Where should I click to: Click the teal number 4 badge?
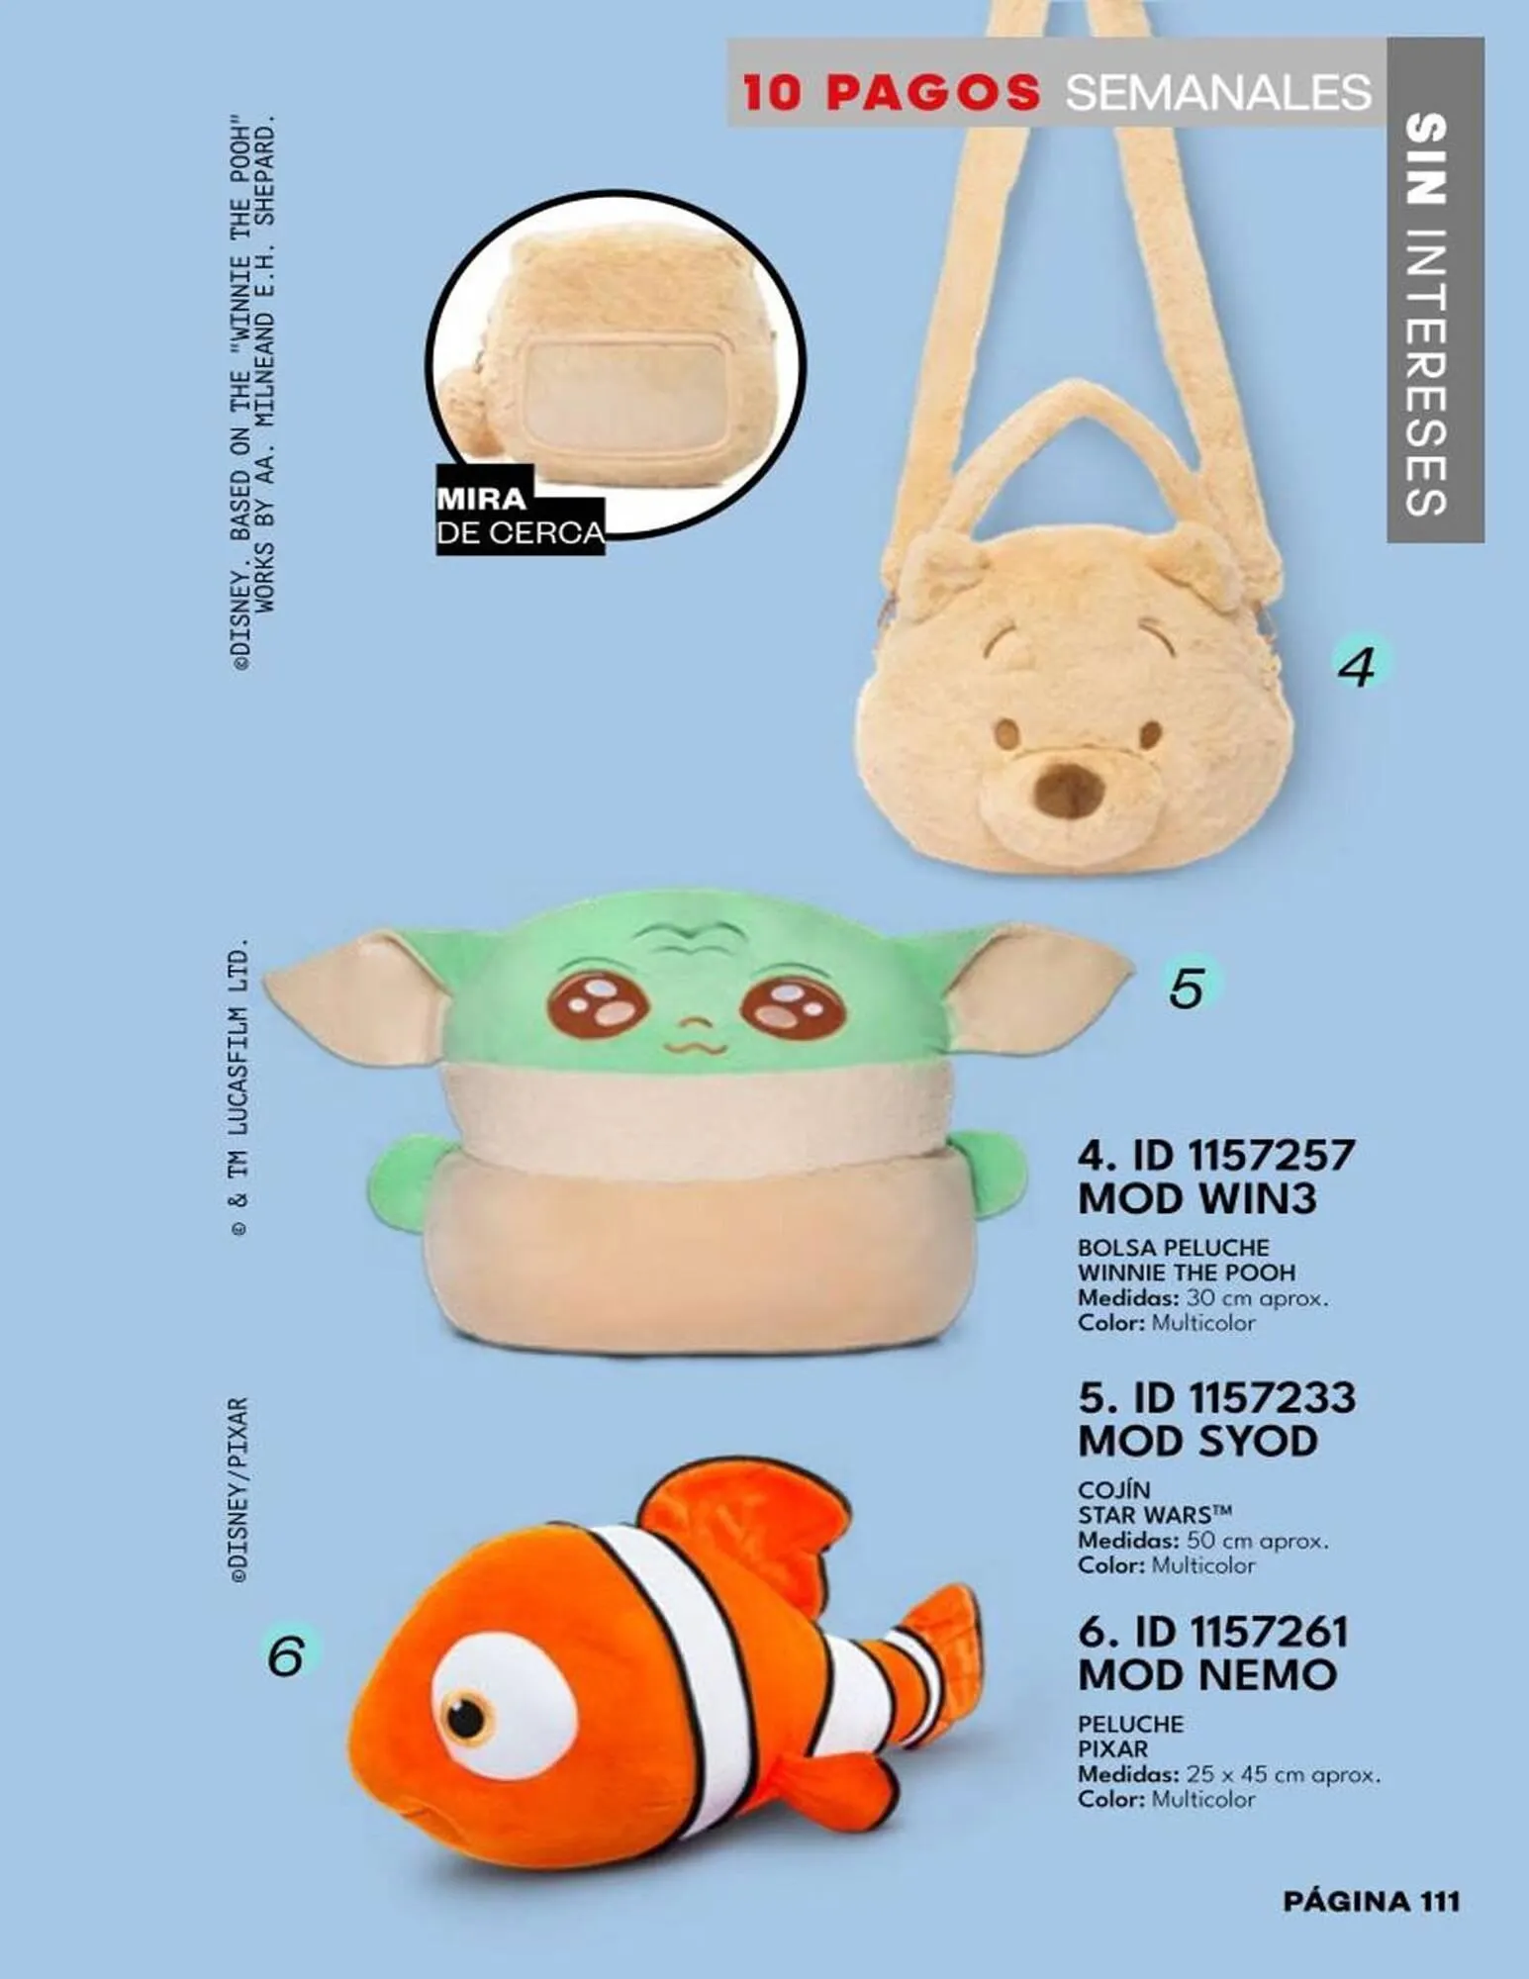(x=1360, y=666)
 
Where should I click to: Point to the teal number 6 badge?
(x=286, y=1654)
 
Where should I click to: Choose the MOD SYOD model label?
(x=1197, y=1441)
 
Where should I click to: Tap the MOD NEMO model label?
(x=1207, y=1675)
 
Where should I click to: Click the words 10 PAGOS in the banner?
(x=891, y=92)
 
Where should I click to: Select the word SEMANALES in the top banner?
(x=1218, y=92)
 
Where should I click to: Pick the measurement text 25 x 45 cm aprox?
(x=1283, y=1774)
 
